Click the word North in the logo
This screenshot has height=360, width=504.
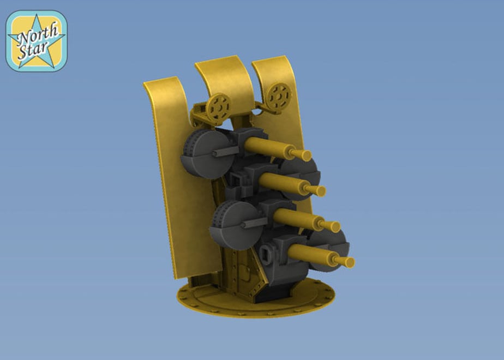(x=39, y=33)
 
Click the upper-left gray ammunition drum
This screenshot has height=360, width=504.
(x=207, y=154)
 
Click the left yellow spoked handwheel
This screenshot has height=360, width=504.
(x=219, y=109)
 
